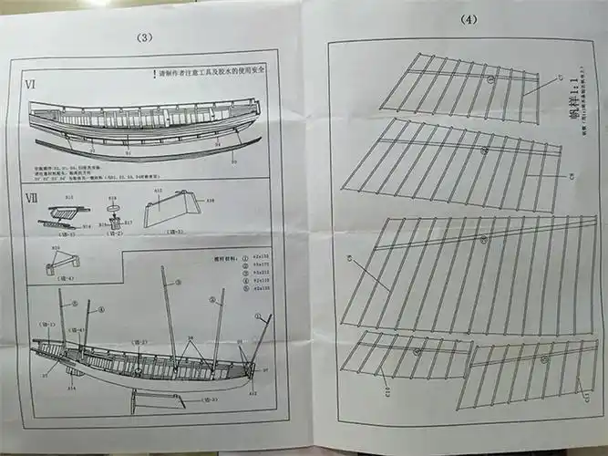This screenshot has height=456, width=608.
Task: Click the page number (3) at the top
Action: (x=143, y=37)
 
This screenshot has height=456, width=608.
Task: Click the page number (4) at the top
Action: (x=468, y=19)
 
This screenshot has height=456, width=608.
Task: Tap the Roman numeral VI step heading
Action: (x=31, y=85)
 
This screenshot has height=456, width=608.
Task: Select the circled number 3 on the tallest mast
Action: (x=179, y=284)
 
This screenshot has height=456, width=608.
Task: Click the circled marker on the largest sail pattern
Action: (x=484, y=239)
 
